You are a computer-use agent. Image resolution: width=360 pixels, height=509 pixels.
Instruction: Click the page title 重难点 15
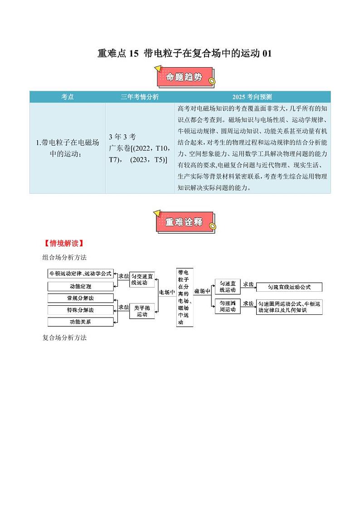point(185,54)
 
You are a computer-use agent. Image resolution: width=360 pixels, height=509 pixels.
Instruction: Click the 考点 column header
point(67,97)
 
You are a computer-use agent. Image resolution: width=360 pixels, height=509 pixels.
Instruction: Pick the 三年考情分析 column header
point(140,97)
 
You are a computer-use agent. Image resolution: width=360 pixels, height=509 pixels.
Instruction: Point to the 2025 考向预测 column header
point(252,97)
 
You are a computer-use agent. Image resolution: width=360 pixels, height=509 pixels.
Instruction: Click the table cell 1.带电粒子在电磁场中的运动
point(67,148)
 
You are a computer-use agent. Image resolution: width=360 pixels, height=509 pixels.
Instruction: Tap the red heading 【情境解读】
point(63,243)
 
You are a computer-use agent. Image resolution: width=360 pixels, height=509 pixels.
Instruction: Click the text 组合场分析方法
point(64,257)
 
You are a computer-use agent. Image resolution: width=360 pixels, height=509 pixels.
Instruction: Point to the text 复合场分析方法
point(64,338)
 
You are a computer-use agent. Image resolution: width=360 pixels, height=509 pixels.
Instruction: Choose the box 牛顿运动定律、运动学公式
point(80,274)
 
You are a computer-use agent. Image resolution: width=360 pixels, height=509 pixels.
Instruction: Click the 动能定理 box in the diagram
point(80,287)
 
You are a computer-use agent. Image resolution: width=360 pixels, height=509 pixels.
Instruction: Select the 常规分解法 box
point(80,298)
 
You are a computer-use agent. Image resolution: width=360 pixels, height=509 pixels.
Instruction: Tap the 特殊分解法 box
point(80,310)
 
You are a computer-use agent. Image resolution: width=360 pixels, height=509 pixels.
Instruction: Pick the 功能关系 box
point(80,322)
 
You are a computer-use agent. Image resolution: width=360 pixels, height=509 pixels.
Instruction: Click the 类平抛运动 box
point(142,311)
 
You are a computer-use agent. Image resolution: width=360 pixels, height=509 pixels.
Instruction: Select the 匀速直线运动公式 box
point(289,287)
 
